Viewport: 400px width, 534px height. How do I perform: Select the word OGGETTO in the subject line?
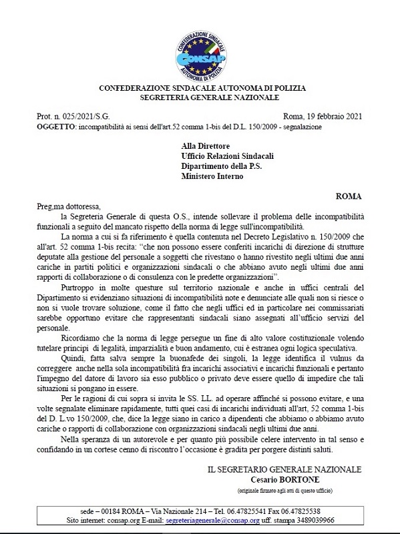57,125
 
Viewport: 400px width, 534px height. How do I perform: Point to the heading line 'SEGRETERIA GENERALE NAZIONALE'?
200,97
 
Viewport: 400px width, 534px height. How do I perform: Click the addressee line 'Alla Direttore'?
206,144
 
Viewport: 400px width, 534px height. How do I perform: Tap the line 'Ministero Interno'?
212,176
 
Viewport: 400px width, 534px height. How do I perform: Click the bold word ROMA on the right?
349,196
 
